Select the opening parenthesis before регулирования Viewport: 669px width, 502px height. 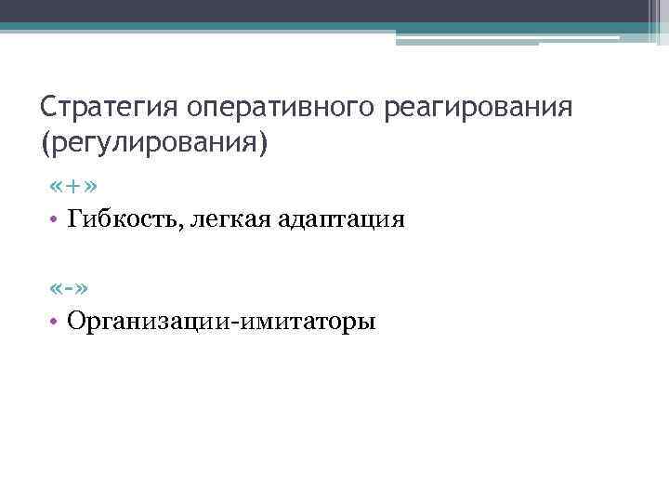[x=46, y=144]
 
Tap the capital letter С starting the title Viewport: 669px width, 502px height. [x=48, y=110]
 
